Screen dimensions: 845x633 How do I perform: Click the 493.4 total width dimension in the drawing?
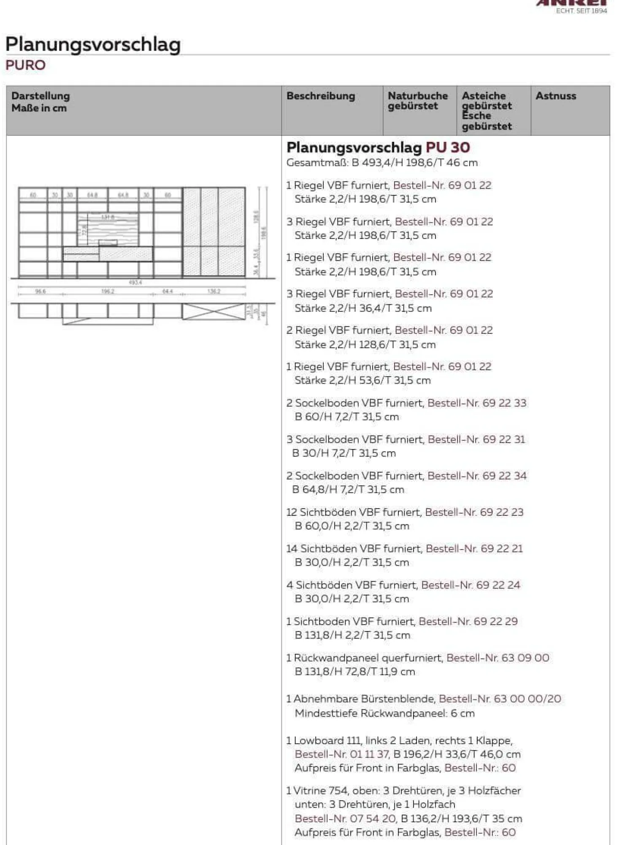point(135,282)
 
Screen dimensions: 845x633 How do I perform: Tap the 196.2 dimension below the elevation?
point(108,291)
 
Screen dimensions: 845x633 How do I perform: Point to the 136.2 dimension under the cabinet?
point(214,291)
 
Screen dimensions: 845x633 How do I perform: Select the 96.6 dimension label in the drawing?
point(40,291)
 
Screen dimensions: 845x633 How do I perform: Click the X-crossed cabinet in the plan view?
point(214,311)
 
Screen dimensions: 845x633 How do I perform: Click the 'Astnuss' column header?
point(555,96)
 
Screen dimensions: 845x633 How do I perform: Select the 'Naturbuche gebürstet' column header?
point(417,101)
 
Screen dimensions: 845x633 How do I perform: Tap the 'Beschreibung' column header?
point(321,96)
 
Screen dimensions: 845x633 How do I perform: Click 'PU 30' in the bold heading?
point(448,147)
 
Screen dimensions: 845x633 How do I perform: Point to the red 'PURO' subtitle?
point(25,65)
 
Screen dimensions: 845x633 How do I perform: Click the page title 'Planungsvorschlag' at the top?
point(93,44)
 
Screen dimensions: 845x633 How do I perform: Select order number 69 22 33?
point(504,403)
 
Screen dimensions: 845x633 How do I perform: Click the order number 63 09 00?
point(525,658)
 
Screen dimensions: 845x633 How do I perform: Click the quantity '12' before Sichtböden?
point(292,512)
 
